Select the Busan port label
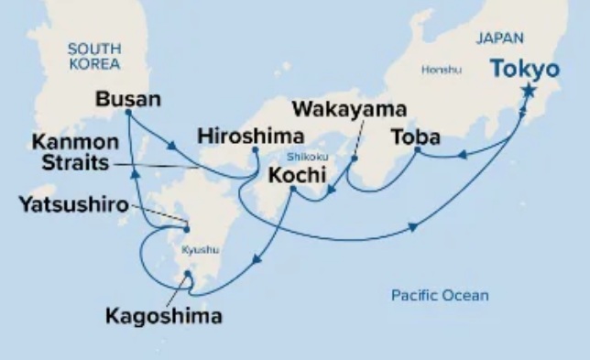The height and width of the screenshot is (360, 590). [127, 98]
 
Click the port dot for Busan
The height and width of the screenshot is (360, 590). [127, 113]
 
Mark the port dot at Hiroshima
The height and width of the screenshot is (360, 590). [255, 150]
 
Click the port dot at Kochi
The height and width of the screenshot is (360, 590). [291, 189]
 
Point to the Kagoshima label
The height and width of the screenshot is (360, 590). [164, 318]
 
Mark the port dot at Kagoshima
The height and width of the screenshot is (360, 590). [188, 273]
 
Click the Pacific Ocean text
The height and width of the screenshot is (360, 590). [439, 295]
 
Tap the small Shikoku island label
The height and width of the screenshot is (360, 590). [298, 156]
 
